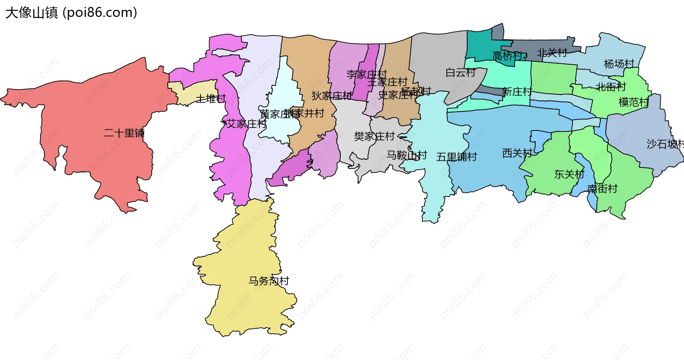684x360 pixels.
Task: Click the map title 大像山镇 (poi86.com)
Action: [71, 13]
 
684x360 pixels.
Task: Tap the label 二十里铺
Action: [124, 133]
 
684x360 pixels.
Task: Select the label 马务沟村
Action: [269, 281]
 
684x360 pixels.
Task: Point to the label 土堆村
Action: [211, 98]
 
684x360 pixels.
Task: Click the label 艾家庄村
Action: [247, 124]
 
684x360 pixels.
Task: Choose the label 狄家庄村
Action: [332, 96]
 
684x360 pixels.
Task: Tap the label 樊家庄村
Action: [374, 136]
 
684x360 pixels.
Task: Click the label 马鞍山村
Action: [406, 155]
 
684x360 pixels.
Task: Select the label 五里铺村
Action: [456, 157]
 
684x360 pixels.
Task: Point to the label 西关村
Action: [517, 153]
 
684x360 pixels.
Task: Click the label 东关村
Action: [569, 174]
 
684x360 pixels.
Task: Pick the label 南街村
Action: [602, 189]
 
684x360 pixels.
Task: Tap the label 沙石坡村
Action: [665, 144]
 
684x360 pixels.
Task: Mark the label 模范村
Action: [633, 102]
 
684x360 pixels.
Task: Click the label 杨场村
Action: [619, 64]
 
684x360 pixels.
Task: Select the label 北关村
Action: [552, 53]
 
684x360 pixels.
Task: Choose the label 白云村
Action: [461, 73]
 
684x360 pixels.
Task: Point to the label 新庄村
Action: [517, 92]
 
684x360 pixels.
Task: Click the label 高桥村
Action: [507, 56]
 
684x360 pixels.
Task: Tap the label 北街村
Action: [611, 87]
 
